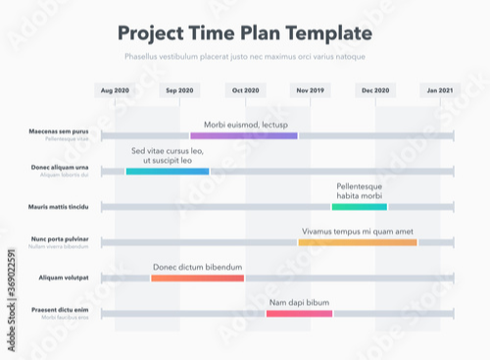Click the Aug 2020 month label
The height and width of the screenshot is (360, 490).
pos(115,90)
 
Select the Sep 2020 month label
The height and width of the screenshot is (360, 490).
pos(179,90)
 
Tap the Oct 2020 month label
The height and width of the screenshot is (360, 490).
pos(245,90)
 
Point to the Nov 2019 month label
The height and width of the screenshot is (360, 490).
pos(310,90)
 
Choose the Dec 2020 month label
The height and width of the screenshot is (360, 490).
pos(375,90)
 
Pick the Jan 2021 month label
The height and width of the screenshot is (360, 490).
pos(439,90)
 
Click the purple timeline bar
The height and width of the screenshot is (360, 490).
pos(244,135)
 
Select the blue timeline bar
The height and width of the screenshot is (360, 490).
pos(168,172)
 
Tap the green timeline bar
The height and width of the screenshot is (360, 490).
pos(360,207)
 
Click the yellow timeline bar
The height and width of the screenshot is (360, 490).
pos(358,242)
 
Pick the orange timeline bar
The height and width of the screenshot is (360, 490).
pos(197,278)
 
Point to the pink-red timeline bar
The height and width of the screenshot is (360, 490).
pos(299,313)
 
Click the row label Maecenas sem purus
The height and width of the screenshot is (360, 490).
pos(59,131)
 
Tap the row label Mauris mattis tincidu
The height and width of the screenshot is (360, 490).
pos(59,207)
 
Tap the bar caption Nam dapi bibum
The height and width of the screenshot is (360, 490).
pos(299,302)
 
